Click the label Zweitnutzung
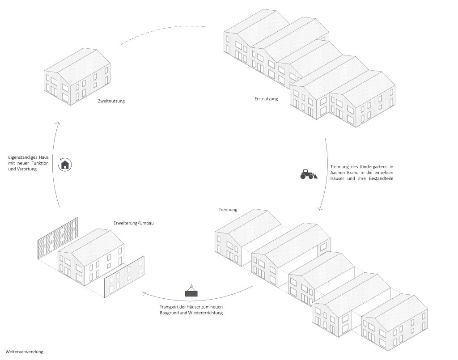(x=111, y=101)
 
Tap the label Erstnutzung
(x=266, y=99)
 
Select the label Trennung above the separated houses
(x=228, y=209)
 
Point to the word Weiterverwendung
(x=25, y=352)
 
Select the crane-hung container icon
(x=192, y=292)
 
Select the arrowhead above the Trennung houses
(x=320, y=208)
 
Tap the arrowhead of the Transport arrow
(x=144, y=293)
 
